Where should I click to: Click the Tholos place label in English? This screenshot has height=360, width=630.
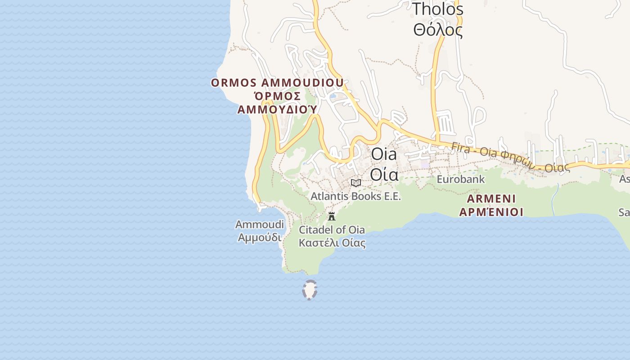(437, 9)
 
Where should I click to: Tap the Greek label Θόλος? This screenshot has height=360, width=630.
(437, 30)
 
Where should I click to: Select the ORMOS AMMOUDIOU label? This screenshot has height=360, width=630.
(277, 83)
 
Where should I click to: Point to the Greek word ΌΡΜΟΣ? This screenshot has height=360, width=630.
(277, 96)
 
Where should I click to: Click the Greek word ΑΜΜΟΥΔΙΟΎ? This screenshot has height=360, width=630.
(277, 109)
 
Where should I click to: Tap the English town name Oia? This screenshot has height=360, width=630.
(384, 154)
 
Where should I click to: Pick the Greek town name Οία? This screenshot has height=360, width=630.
(384, 173)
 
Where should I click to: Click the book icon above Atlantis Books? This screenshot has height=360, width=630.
(356, 183)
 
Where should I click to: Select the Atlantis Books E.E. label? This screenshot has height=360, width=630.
(355, 196)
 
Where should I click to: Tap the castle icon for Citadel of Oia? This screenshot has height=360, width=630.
(332, 216)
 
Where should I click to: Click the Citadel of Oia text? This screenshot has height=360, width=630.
(332, 229)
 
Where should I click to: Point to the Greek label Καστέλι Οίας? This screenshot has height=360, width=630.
(332, 243)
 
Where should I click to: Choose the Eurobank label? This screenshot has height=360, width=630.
(461, 179)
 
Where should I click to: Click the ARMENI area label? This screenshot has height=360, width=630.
(491, 198)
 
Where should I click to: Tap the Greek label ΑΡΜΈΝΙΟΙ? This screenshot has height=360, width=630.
(491, 211)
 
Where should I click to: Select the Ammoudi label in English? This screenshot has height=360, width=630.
(260, 224)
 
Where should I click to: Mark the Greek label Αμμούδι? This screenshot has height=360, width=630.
(260, 237)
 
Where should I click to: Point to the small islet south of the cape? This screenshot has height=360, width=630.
(310, 290)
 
